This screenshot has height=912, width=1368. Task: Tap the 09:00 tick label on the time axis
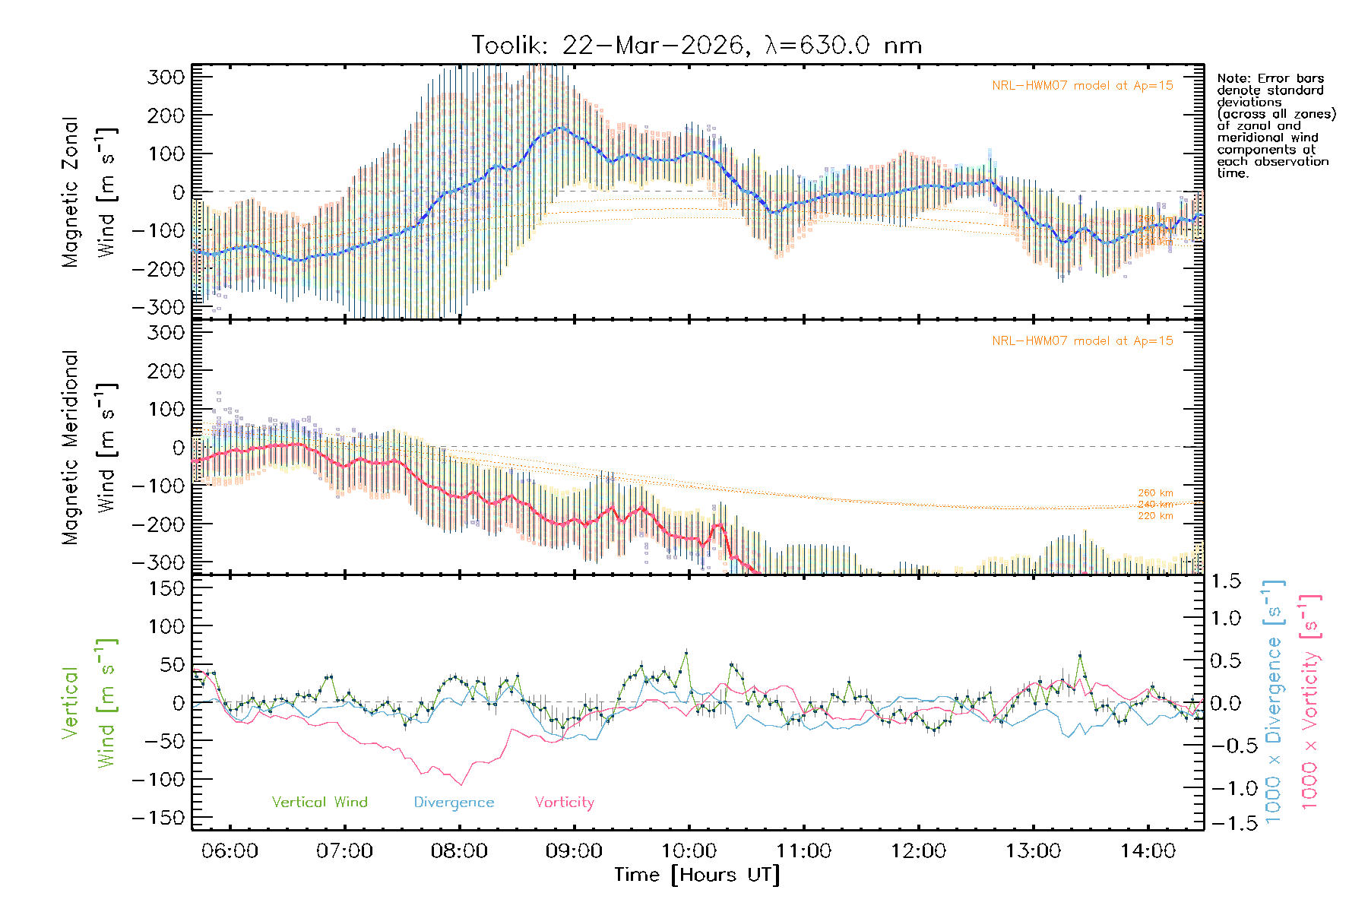(x=574, y=850)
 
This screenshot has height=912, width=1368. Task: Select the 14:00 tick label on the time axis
(x=1148, y=850)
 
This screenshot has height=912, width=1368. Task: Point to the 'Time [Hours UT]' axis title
(x=697, y=875)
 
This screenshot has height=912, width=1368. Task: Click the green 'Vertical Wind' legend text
(x=319, y=802)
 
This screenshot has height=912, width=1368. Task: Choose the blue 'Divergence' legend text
(x=454, y=803)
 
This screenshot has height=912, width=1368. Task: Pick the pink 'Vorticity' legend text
(x=564, y=802)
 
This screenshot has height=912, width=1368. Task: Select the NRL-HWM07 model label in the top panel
(x=1082, y=86)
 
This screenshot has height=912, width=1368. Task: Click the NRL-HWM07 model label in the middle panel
(x=1082, y=341)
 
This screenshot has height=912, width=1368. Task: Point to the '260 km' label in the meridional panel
(x=1155, y=493)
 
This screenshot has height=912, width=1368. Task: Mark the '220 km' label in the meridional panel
(x=1155, y=516)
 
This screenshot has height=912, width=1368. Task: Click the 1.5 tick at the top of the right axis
(x=1225, y=581)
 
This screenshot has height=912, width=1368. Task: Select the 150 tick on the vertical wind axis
(x=167, y=588)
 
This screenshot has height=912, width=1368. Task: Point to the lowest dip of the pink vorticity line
(x=461, y=784)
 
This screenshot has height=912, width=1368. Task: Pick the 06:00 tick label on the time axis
(x=230, y=850)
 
